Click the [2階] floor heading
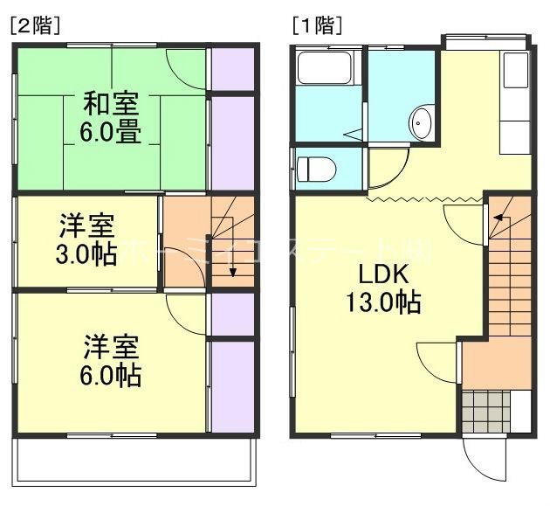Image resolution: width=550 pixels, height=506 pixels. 35,25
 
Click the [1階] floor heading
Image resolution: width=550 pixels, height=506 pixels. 316,25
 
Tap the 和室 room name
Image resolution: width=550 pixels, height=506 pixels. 109,103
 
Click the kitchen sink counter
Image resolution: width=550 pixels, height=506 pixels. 515,96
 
